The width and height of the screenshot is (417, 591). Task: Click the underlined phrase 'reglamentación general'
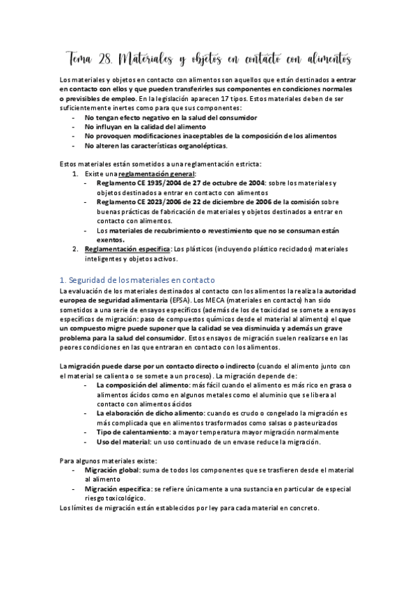tap(157, 174)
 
